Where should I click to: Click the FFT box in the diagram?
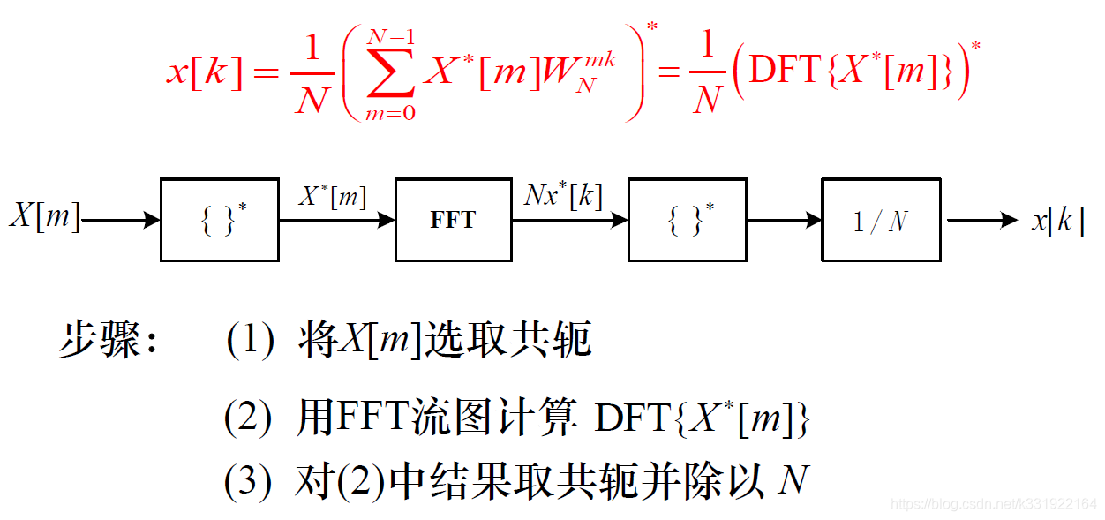point(453,220)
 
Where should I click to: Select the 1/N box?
point(881,220)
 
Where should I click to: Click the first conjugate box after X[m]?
point(219,220)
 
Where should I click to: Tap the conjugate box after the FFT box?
point(687,220)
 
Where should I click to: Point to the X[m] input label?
point(44,216)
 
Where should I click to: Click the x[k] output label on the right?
point(1057,220)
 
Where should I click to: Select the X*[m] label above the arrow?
point(332,196)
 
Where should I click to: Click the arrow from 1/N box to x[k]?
point(981,220)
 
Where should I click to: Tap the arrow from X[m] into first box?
point(120,220)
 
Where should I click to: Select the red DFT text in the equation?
point(785,71)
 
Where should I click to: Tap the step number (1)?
point(250,341)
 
